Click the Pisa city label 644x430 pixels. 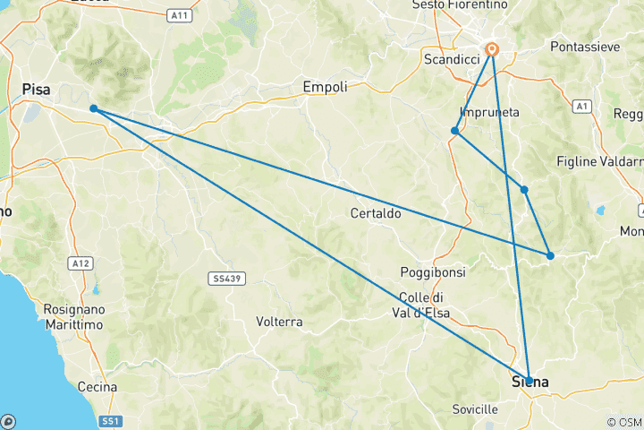click(37, 88)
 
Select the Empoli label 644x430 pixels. click(325, 87)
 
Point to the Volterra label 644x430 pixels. click(279, 321)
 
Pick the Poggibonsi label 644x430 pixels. click(429, 271)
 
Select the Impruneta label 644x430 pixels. click(489, 112)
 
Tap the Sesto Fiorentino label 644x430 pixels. click(472, 4)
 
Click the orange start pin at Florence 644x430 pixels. click(492, 50)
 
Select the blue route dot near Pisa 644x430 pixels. click(94, 109)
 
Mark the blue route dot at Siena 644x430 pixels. click(529, 381)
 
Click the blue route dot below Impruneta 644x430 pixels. click(455, 131)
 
